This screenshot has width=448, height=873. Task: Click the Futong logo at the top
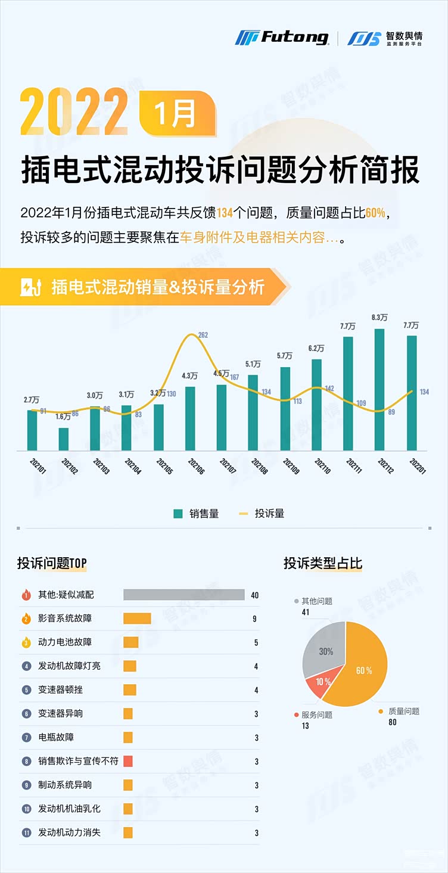pyautogui.click(x=282, y=38)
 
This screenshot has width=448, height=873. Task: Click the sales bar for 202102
pyautogui.click(x=63, y=439)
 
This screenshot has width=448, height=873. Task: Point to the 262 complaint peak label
pyautogui.click(x=203, y=335)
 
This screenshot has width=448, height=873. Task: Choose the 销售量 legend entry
pyautogui.click(x=197, y=514)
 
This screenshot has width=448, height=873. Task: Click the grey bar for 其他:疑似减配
pyautogui.click(x=183, y=595)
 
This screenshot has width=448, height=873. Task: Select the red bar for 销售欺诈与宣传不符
pyautogui.click(x=127, y=761)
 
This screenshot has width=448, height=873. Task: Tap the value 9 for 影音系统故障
pyautogui.click(x=254, y=619)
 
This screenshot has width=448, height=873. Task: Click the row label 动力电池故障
pyautogui.click(x=65, y=642)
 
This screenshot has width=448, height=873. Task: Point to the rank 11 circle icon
pyautogui.click(x=26, y=833)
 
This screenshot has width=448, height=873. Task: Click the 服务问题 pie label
pyautogui.click(x=317, y=714)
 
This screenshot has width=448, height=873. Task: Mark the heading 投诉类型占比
pyautogui.click(x=322, y=563)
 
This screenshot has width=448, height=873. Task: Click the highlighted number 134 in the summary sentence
pyautogui.click(x=225, y=213)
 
